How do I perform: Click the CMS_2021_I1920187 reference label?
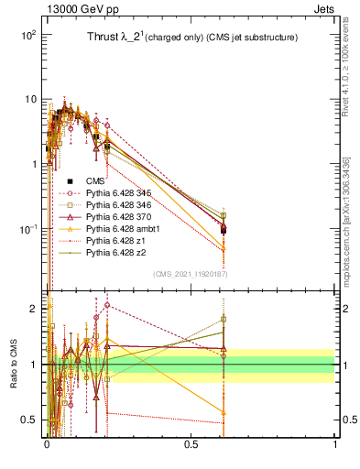190,274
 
